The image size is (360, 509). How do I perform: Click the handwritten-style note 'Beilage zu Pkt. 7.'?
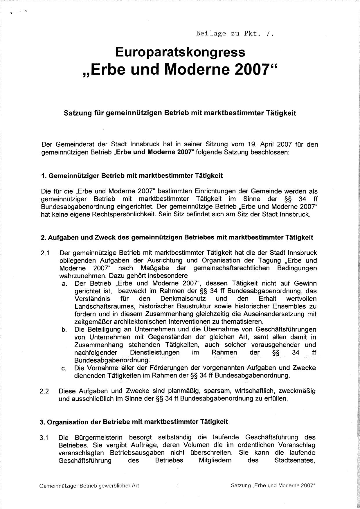click(235, 33)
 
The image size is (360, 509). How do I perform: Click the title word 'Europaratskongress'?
click(180, 52)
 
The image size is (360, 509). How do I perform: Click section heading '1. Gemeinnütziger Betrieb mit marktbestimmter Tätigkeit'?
click(132, 176)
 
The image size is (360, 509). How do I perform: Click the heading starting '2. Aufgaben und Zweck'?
click(177, 238)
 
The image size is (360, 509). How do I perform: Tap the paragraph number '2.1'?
click(45, 253)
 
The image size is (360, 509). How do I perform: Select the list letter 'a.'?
click(64, 284)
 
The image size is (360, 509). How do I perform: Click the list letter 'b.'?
click(64, 330)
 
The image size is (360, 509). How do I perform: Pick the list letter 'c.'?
click(64, 368)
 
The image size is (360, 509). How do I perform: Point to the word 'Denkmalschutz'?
click(183, 299)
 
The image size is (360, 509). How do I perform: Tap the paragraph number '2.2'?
click(44, 391)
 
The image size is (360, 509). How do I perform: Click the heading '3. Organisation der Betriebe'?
click(134, 422)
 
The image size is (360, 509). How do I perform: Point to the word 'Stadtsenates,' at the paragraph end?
click(295, 460)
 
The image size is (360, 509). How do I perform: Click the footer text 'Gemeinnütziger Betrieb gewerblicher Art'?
click(89, 485)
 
